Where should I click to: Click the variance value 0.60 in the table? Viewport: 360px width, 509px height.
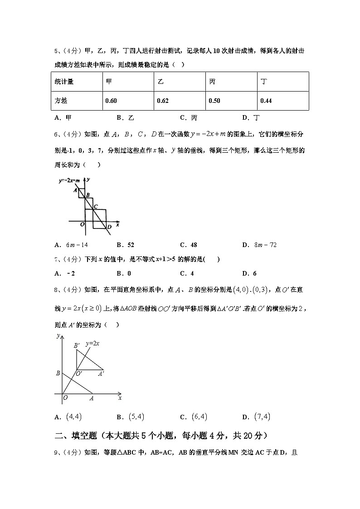point(111,101)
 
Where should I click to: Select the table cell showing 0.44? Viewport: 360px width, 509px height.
point(266,101)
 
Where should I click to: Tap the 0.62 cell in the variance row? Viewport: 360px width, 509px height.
point(163,101)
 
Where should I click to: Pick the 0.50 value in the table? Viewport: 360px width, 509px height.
point(214,101)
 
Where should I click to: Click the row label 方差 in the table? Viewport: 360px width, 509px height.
point(61,101)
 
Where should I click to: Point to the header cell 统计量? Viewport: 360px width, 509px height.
point(64,82)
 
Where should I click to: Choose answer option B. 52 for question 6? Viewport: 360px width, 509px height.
point(125,245)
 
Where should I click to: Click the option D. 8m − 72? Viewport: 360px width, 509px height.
point(259,245)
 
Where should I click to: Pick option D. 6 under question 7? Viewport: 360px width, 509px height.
point(249,273)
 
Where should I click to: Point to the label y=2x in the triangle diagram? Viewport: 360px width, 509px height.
point(93,344)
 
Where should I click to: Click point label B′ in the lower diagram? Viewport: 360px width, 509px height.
point(77,345)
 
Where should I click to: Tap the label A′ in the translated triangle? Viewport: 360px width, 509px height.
point(101,374)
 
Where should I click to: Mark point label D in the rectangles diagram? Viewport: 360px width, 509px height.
point(109,227)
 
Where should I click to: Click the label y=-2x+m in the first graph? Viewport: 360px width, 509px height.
point(69,180)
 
